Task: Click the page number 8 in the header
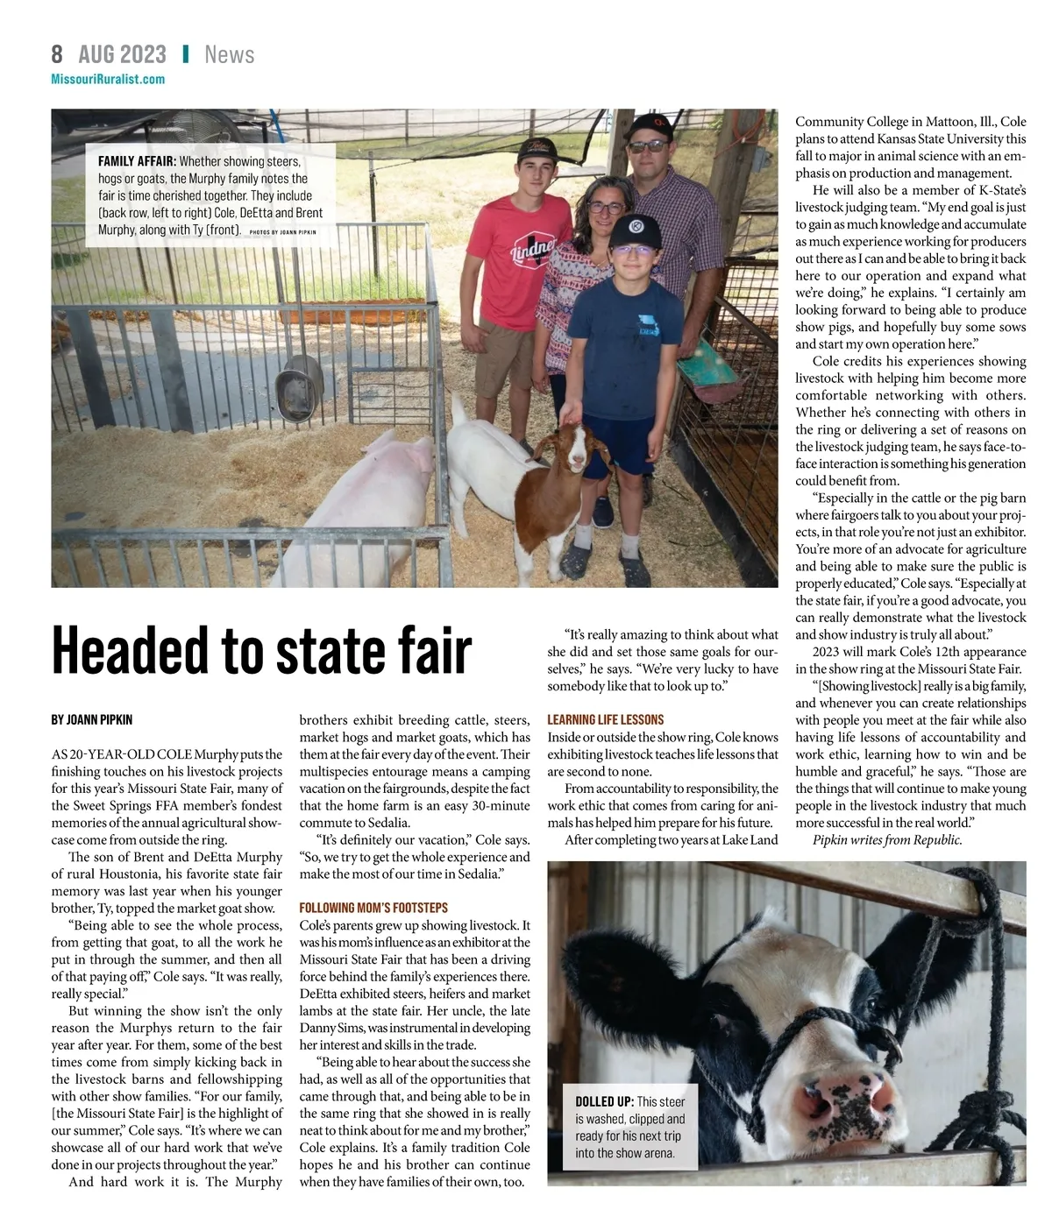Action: tap(57, 54)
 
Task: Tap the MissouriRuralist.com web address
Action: tap(108, 79)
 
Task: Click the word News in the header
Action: tap(229, 54)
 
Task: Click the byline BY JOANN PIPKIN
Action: tap(92, 719)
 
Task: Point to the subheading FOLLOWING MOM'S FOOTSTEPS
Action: tap(373, 908)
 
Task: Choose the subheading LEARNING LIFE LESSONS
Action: tap(605, 719)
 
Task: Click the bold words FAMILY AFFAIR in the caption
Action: tap(137, 161)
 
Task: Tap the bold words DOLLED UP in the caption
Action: tap(604, 1101)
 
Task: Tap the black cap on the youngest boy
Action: tap(635, 230)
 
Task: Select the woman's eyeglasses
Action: tap(606, 208)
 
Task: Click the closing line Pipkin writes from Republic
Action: tap(886, 839)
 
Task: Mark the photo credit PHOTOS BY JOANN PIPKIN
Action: tap(282, 232)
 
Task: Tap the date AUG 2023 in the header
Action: tap(122, 54)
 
